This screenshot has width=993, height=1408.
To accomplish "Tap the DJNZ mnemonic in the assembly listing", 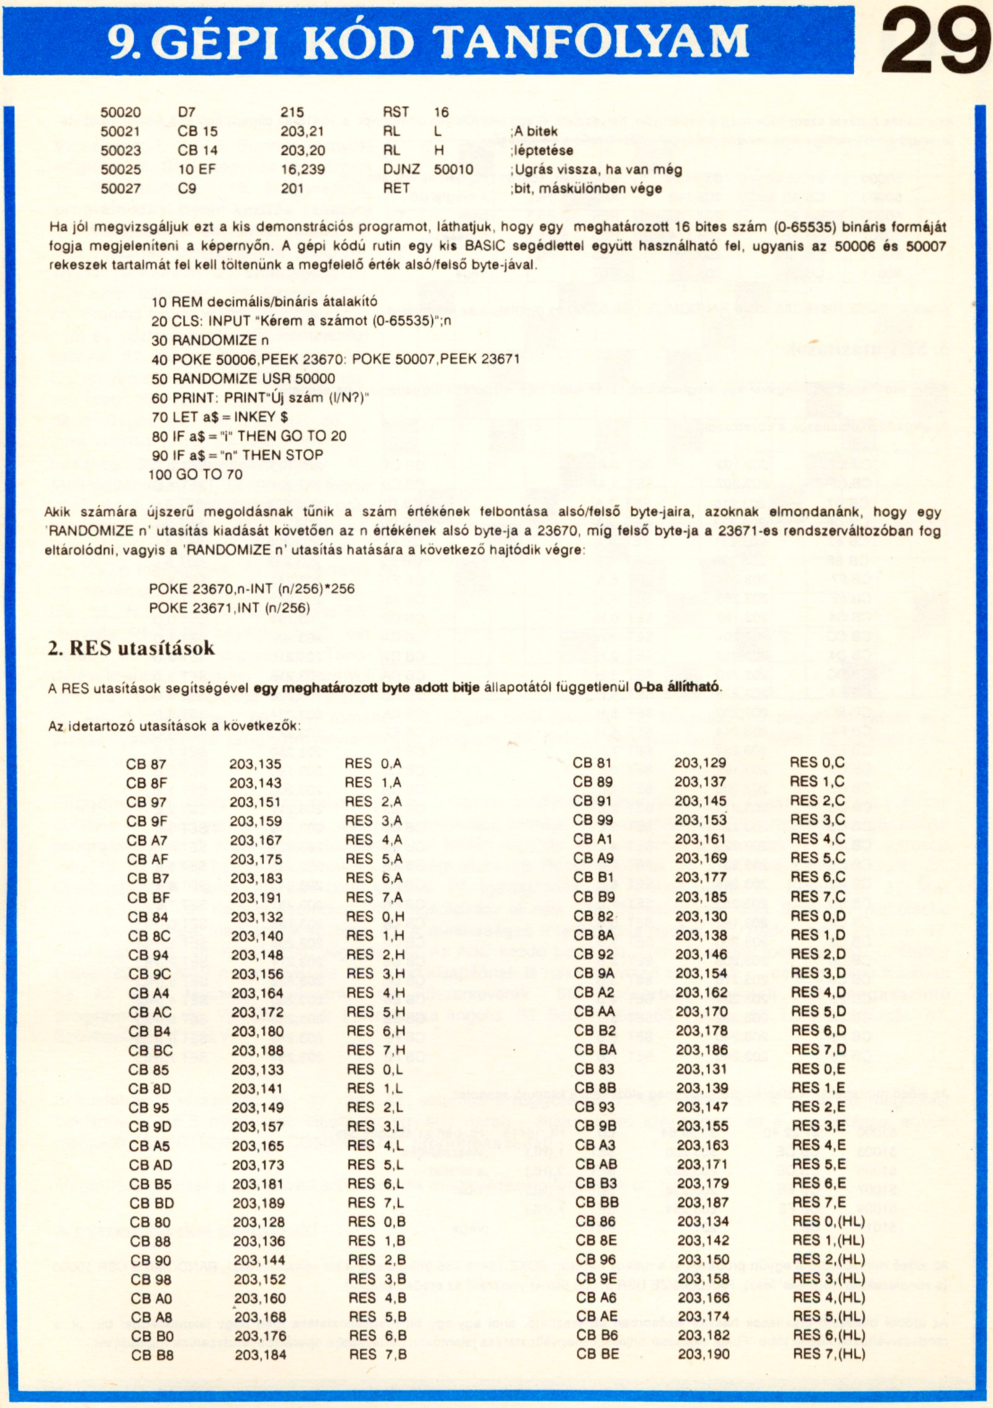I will click(401, 169).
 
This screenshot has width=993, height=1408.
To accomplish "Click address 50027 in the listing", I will click(120, 189).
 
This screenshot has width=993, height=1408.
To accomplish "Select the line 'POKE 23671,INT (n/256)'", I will click(230, 608).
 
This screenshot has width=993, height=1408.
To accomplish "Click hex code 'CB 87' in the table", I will click(146, 765).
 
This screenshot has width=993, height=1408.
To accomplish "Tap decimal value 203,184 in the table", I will click(261, 1355).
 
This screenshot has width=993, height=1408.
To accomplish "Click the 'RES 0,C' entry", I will click(817, 763).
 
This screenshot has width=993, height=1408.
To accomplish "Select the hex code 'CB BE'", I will click(597, 1354).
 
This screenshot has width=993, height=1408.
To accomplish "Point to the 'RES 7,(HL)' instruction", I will click(829, 1354).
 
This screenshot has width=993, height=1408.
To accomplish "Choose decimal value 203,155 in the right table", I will click(702, 1126).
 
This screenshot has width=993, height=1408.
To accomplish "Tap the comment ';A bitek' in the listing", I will click(534, 132).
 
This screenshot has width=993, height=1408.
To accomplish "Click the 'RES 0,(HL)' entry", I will click(828, 1221).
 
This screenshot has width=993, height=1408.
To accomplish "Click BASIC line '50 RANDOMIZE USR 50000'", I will click(243, 379).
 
